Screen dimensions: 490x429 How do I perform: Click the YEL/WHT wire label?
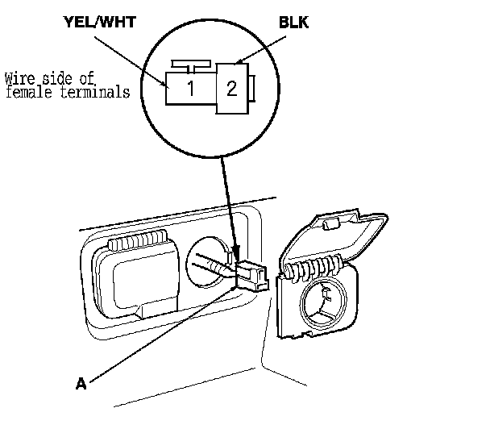100,22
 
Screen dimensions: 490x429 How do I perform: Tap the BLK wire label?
293,23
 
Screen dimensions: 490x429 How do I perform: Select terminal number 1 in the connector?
191,88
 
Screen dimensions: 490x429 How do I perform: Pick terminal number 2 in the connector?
231,89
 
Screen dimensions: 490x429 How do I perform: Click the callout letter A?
81,383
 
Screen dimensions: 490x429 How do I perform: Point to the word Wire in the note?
19,78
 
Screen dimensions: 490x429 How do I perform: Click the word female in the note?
29,92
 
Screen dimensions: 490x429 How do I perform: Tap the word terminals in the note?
95,93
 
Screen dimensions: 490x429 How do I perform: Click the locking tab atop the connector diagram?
191,66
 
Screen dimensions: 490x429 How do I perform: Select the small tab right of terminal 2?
252,89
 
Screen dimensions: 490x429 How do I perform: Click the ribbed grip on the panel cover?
138,240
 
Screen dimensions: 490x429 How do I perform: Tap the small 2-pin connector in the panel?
252,275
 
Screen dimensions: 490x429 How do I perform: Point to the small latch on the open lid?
331,224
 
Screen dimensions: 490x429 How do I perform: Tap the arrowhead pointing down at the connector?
236,252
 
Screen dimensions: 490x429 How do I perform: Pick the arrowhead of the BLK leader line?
240,61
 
